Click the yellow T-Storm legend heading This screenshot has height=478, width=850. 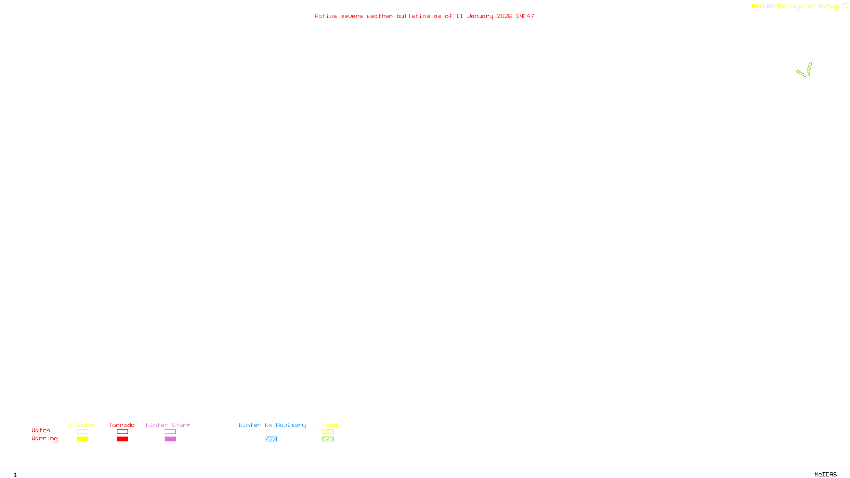coord(82,425)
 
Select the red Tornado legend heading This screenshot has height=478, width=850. coord(122,425)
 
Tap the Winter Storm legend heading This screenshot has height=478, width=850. coord(168,425)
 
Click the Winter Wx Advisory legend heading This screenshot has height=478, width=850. coord(272,425)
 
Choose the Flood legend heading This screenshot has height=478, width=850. coord(328,425)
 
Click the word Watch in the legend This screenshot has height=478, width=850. coord(41,430)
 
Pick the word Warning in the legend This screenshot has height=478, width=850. coord(44,439)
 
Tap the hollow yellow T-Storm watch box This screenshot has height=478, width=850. coord(82,432)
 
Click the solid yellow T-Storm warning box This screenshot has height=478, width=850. coord(82,439)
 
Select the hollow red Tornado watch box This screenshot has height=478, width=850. coord(122,432)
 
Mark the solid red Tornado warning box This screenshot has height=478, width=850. coord(122,439)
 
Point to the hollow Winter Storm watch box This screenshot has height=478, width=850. coord(170,432)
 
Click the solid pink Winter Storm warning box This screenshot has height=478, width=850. coord(170,439)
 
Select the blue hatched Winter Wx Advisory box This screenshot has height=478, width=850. coord(271,439)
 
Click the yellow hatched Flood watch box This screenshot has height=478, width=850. coord(328,432)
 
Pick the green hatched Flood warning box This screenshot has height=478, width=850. coord(328,439)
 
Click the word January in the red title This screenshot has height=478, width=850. coord(480,16)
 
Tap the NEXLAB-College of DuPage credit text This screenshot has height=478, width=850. coord(796,6)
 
